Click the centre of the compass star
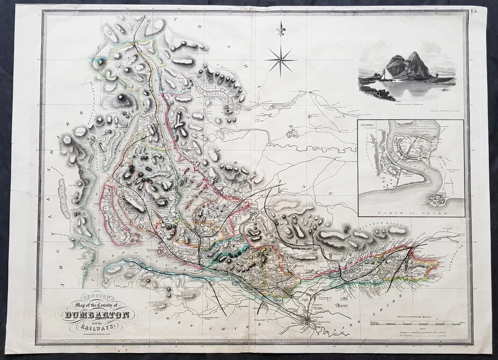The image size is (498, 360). coord(280,60)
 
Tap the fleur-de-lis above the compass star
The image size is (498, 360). coord(281,30)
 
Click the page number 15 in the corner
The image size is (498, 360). coord(474,11)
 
